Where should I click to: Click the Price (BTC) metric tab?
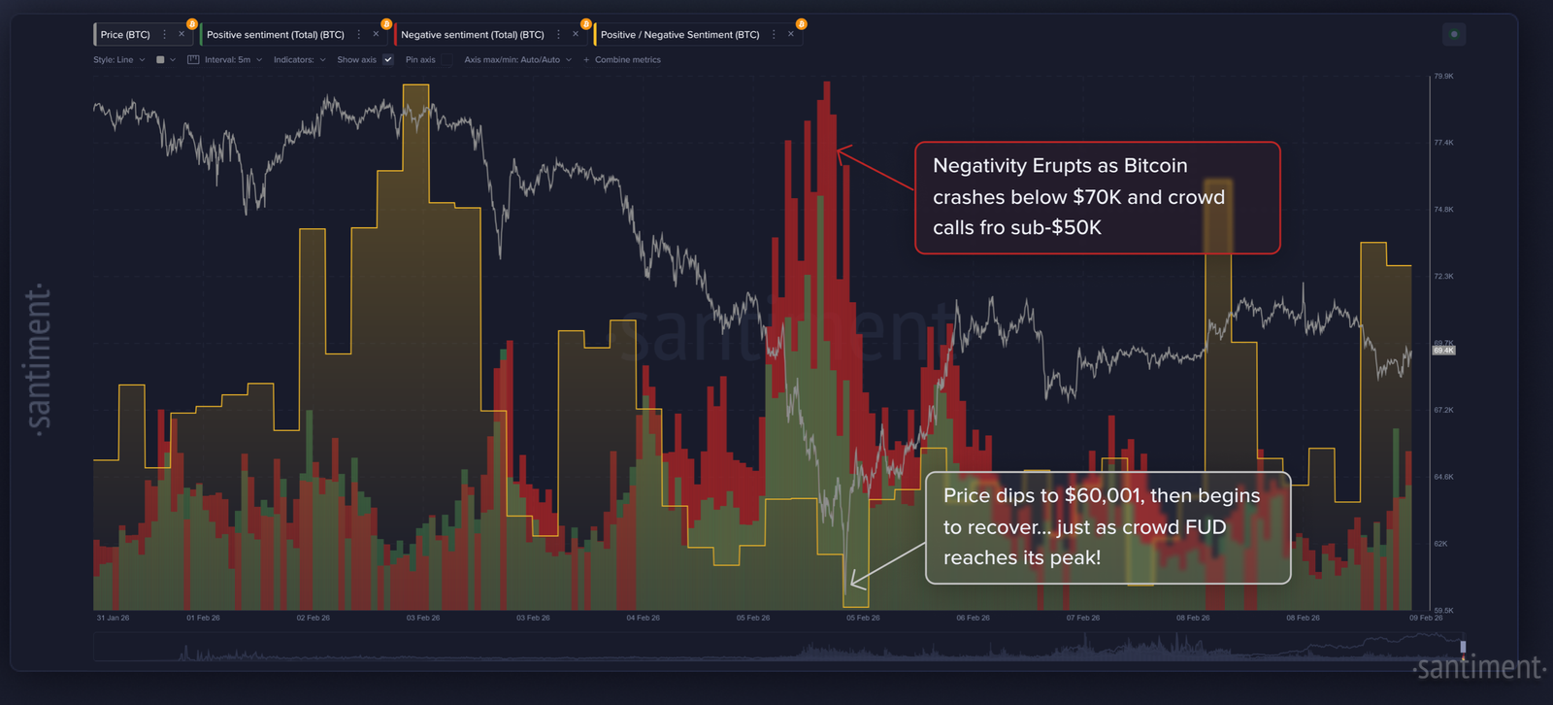coord(125,35)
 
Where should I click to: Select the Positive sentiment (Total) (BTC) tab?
coord(275,35)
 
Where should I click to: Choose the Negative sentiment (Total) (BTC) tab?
coord(472,35)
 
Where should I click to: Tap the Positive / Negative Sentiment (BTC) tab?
coord(679,35)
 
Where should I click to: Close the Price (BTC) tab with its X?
coord(182,34)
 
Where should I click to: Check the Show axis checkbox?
coord(388,60)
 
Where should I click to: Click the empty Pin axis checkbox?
coord(446,60)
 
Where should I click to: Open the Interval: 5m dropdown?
coord(226,60)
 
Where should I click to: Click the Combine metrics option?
coord(626,60)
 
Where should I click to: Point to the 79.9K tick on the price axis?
coord(1443,76)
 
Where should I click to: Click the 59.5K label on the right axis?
coord(1443,610)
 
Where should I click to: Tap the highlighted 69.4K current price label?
coord(1443,351)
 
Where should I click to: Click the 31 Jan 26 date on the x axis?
coord(113,618)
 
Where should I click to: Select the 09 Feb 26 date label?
coord(1426,618)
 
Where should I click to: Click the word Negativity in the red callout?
coord(978,166)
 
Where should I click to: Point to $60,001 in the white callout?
coord(1103,495)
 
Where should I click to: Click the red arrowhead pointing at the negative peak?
coord(841,151)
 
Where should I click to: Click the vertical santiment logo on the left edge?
coord(39,360)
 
